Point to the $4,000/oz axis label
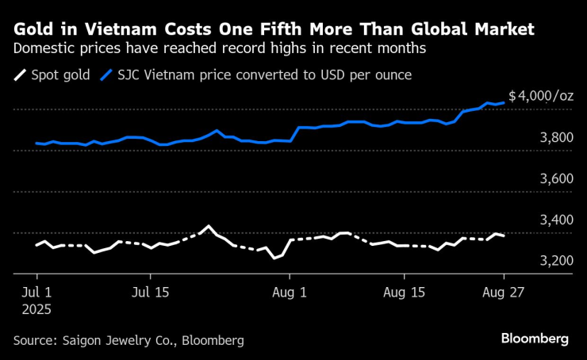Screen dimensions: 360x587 [x=541, y=96]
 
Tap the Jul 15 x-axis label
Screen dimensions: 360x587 [x=151, y=291]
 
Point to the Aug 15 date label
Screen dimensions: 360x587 [x=404, y=291]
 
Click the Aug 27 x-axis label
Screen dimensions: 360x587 [x=504, y=291]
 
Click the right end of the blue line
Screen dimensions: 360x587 [x=505, y=102]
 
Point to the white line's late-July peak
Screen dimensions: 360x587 [x=209, y=227]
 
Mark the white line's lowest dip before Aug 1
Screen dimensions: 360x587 [x=274, y=258]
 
